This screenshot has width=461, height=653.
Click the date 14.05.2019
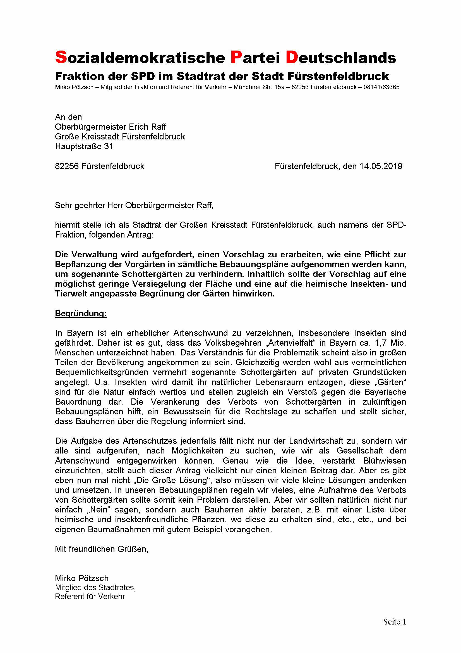tap(381, 166)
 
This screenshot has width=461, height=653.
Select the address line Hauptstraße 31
tap(84, 146)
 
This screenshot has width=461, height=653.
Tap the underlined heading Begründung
tap(81, 314)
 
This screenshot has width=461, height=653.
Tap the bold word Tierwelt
tap(71, 294)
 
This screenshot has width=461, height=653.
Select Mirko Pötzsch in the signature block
tap(82, 578)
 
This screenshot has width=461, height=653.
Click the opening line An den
tap(68, 117)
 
